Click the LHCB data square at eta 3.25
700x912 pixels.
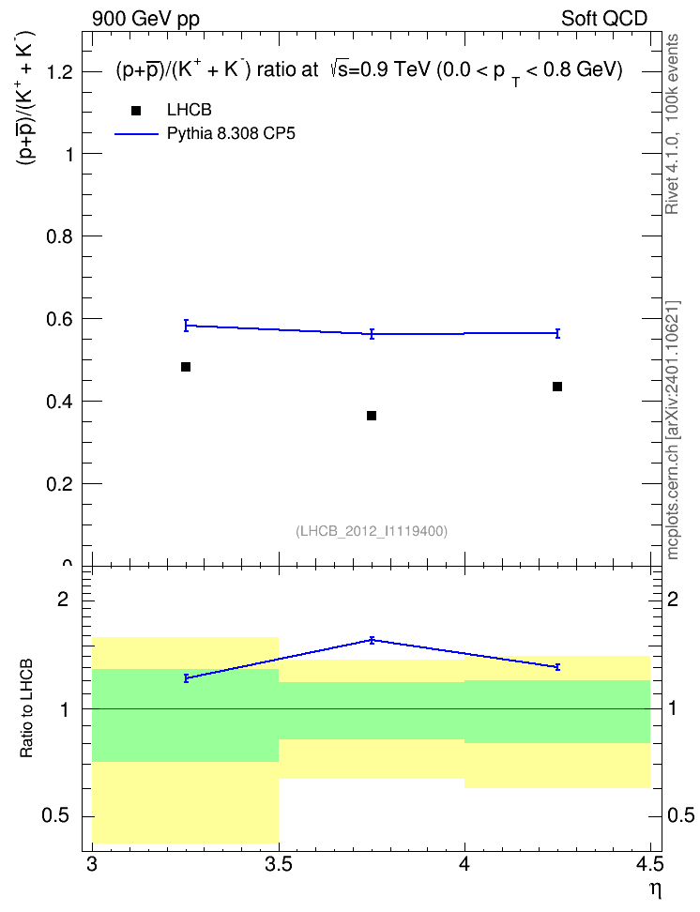186,367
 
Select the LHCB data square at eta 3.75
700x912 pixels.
372,416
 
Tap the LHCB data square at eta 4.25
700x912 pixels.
556,387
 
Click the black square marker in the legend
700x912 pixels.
136,110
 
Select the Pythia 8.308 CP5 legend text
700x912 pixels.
231,134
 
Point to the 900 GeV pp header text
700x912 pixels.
145,19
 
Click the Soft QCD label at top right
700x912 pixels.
604,19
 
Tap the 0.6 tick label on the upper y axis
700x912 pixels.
59,319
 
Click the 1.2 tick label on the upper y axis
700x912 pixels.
59,72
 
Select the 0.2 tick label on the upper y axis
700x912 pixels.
59,484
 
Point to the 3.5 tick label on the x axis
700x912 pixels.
278,865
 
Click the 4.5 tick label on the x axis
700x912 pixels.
650,865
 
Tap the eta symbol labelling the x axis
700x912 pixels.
655,890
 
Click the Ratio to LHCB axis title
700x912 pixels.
26,708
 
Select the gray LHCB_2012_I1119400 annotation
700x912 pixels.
372,531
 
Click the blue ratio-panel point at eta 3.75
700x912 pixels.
372,641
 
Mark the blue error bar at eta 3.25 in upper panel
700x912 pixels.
186,326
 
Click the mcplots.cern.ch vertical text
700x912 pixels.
673,431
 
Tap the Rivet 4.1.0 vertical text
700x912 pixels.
673,124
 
